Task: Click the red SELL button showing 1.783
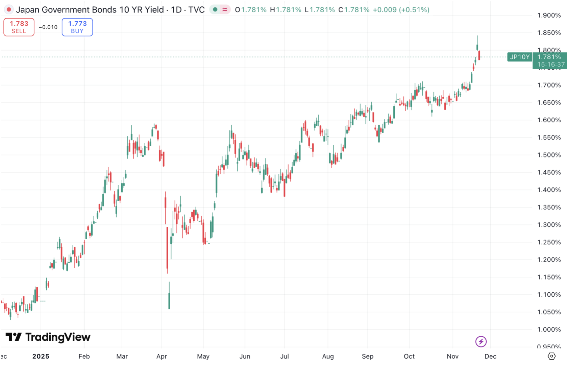pyautogui.click(x=19, y=27)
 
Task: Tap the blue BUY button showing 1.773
pyautogui.click(x=77, y=27)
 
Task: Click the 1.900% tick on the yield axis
pyautogui.click(x=549, y=15)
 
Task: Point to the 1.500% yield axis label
pyautogui.click(x=549, y=155)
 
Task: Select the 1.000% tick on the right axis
pyautogui.click(x=549, y=330)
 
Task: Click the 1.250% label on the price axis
pyautogui.click(x=549, y=242)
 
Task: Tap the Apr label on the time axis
pyautogui.click(x=162, y=356)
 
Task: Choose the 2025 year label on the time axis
pyautogui.click(x=41, y=356)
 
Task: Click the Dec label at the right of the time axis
pyautogui.click(x=490, y=356)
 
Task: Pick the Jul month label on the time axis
pyautogui.click(x=285, y=356)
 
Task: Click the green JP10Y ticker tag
pyautogui.click(x=519, y=57)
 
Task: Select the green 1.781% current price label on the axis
pyautogui.click(x=549, y=57)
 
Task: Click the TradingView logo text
pyautogui.click(x=58, y=337)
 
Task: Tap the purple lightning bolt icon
pyautogui.click(x=481, y=341)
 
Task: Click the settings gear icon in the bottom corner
pyautogui.click(x=551, y=356)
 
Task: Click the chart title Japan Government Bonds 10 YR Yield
pyautogui.click(x=90, y=10)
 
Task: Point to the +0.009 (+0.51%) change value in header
pyautogui.click(x=401, y=10)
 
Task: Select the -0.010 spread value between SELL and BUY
pyautogui.click(x=48, y=27)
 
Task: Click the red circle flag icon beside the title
pyautogui.click(x=9, y=10)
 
